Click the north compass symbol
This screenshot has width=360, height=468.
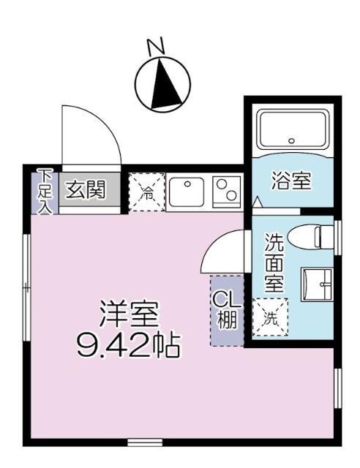tap(164, 82)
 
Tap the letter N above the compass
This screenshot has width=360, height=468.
tap(157, 47)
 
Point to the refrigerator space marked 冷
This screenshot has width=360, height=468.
tap(146, 193)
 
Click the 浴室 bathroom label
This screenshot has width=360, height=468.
tap(292, 180)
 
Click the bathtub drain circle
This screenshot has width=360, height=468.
tap(291, 140)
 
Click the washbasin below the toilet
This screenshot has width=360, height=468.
tap(317, 285)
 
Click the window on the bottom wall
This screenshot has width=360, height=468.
tap(144, 442)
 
